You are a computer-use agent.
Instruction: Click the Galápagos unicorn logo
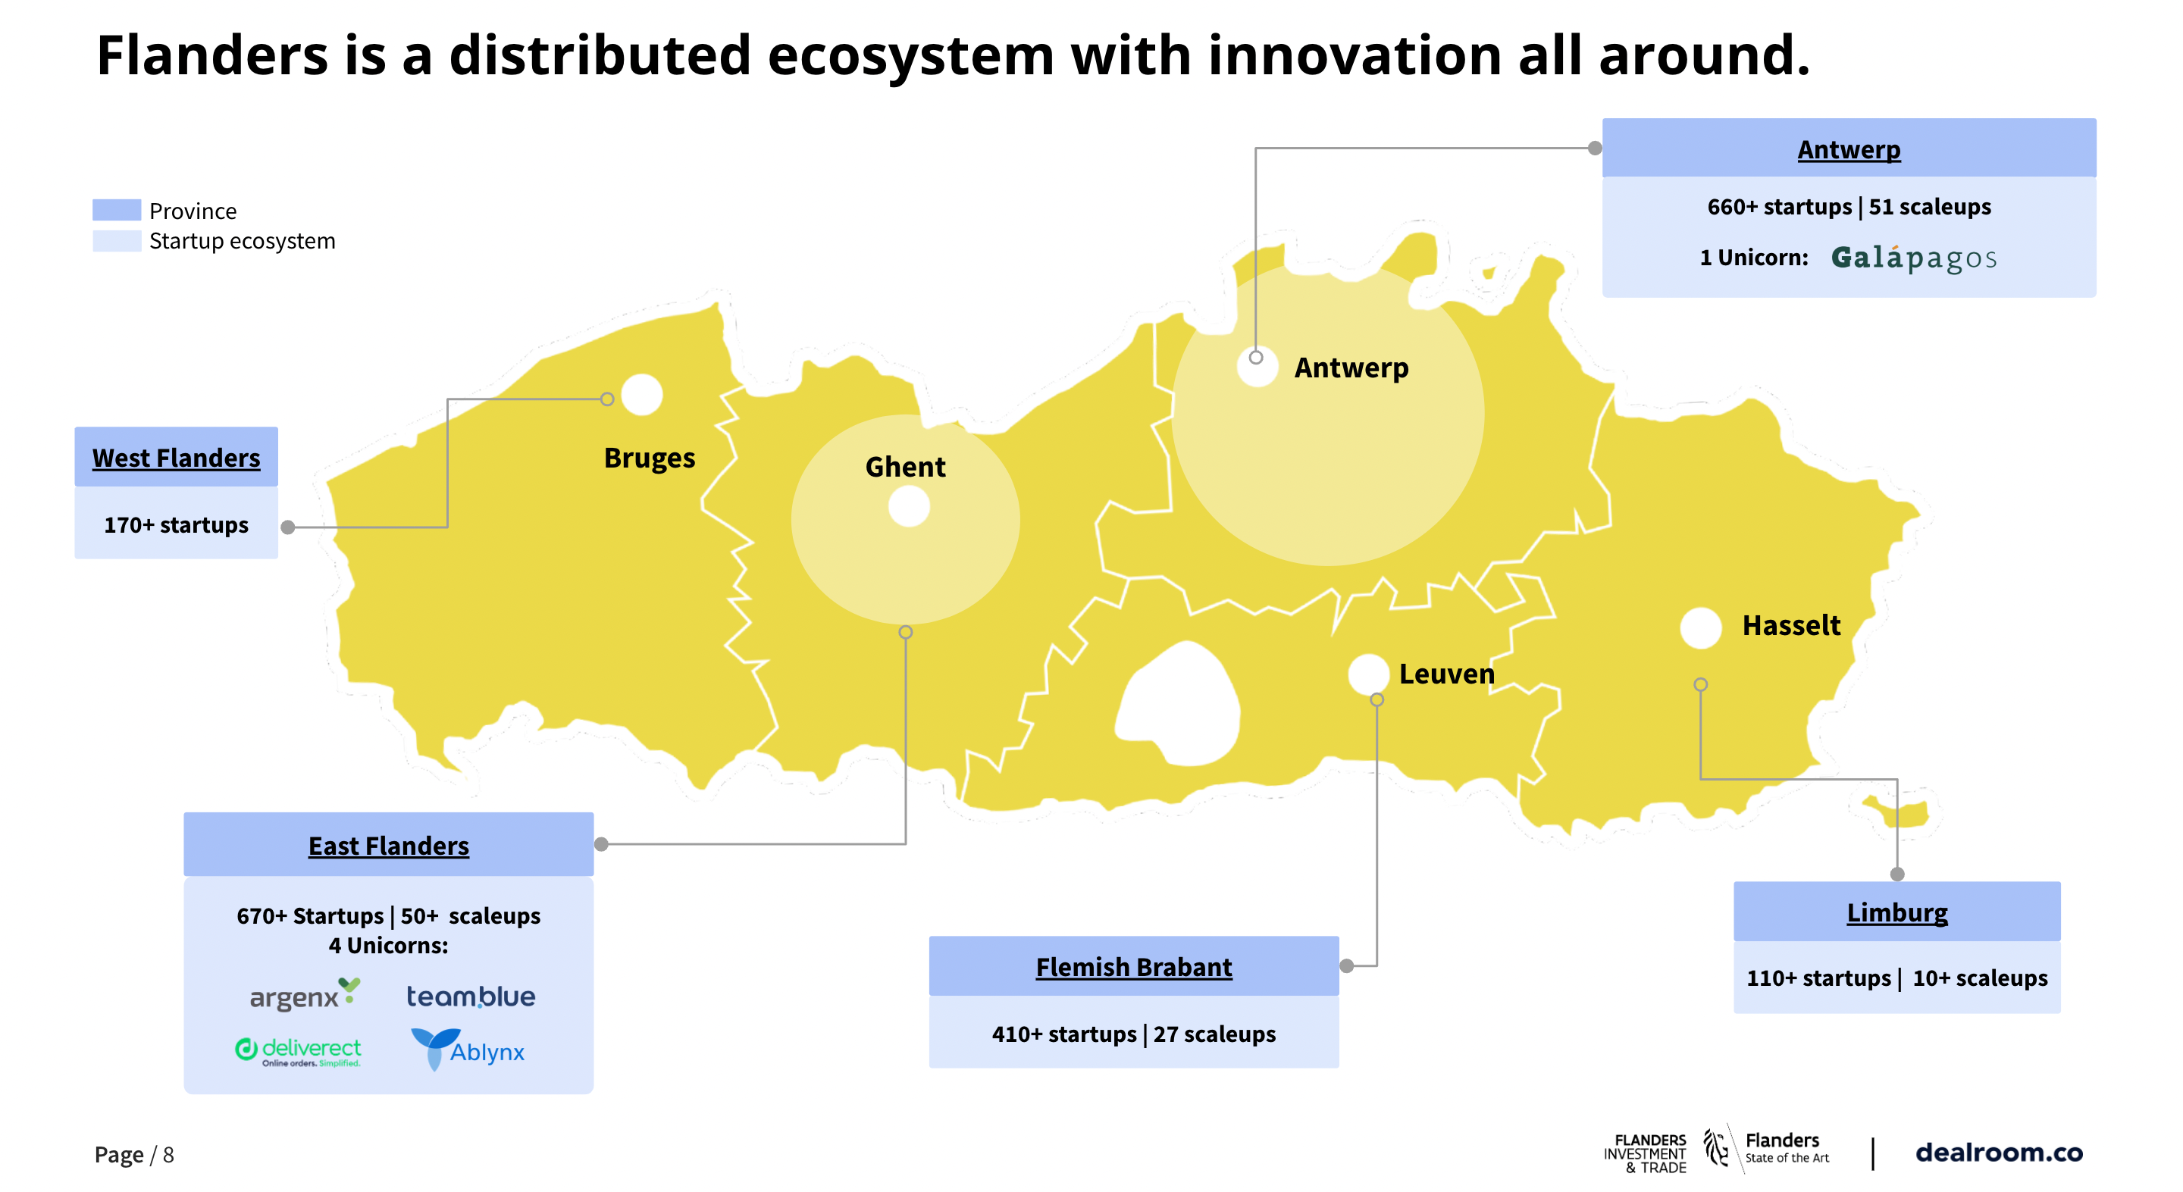click(1913, 258)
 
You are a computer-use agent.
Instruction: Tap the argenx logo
click(305, 995)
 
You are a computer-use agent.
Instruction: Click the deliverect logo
click(299, 1051)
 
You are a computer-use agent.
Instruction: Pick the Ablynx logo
click(468, 1050)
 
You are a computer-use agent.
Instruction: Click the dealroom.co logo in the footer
click(1999, 1152)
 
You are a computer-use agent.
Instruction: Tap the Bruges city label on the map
click(649, 458)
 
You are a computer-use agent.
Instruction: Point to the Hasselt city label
click(1790, 625)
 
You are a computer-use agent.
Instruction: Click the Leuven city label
click(1446, 674)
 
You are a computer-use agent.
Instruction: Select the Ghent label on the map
click(905, 467)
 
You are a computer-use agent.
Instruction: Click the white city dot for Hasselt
click(1700, 627)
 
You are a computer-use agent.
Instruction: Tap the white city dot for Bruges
click(641, 395)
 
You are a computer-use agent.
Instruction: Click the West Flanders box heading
click(177, 458)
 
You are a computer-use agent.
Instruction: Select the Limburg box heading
click(1896, 912)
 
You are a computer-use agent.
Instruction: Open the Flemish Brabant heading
click(1133, 967)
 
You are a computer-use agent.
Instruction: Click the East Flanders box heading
click(388, 846)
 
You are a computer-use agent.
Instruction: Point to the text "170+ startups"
click(177, 525)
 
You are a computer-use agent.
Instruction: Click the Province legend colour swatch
click(116, 210)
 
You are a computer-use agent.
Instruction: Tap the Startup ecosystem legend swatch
click(116, 242)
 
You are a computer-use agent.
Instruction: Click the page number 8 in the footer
click(168, 1155)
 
